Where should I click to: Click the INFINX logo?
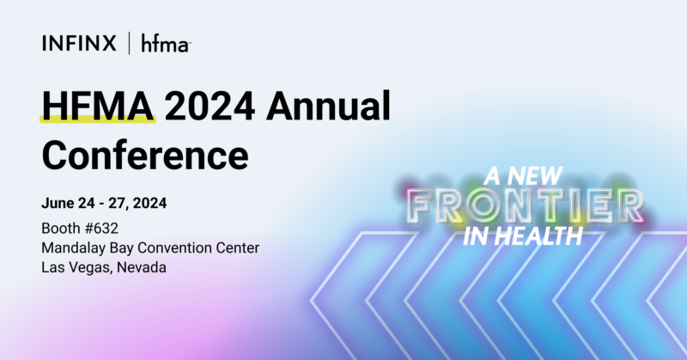79,44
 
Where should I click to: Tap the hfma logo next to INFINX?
165,44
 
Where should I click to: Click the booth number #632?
101,229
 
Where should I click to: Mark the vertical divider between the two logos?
129,44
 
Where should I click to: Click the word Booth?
60,229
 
